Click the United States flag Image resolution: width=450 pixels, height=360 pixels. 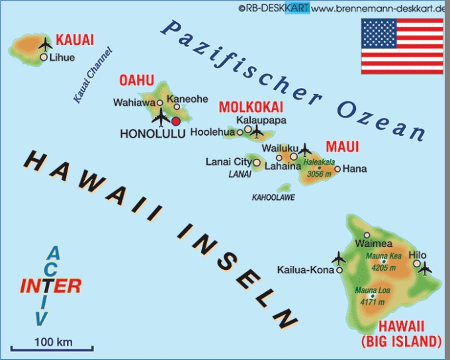click(x=402, y=46)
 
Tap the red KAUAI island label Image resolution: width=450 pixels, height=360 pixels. click(x=75, y=39)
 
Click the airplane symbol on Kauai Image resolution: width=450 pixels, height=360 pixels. click(x=45, y=45)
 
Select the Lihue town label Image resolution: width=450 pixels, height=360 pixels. click(x=63, y=58)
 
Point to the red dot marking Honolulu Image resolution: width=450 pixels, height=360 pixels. click(x=176, y=121)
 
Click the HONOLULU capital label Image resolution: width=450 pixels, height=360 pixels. click(x=152, y=134)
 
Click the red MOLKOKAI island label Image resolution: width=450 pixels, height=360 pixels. click(x=251, y=107)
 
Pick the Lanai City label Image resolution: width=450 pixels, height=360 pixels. click(x=228, y=161)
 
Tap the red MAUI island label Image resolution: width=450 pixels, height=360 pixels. click(x=342, y=146)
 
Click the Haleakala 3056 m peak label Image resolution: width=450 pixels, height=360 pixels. click(x=319, y=168)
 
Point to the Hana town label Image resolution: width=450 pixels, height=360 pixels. click(x=355, y=169)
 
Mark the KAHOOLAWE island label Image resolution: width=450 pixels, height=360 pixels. click(x=273, y=197)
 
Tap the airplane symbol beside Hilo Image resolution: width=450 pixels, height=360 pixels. click(x=424, y=269)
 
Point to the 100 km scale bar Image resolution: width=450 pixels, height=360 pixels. click(x=53, y=347)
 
